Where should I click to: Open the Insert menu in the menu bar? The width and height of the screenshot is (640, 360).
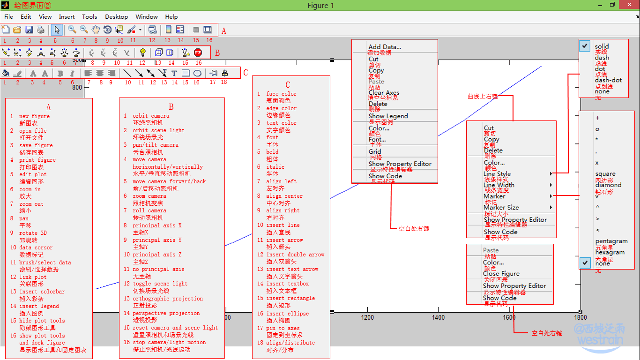coord(67,17)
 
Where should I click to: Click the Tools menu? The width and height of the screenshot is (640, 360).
coord(89,17)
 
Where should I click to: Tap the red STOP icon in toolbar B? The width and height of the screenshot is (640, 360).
coord(198,52)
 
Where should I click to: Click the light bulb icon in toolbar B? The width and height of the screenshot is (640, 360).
coord(142,52)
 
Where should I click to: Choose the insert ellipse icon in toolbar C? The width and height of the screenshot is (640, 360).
coord(197,73)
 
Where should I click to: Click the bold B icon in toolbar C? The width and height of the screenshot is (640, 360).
coord(60,73)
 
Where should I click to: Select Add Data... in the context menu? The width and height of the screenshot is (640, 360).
coord(385,47)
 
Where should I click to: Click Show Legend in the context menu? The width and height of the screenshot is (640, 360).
coord(388,116)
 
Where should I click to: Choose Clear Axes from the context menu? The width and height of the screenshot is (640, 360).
coord(384,93)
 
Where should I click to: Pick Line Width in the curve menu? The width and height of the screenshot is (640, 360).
coord(499,185)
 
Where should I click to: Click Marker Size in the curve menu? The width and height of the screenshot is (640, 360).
coord(501,207)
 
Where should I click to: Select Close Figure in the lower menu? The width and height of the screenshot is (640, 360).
coord(501,274)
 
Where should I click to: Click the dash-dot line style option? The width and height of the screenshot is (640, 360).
coord(608,80)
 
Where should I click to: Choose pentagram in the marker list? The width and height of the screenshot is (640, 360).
coord(611,241)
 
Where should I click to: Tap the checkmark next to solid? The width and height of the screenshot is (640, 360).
coord(585,46)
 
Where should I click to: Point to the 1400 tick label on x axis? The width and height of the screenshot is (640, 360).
coord(439,317)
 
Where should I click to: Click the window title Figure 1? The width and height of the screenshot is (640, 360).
coord(320,6)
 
